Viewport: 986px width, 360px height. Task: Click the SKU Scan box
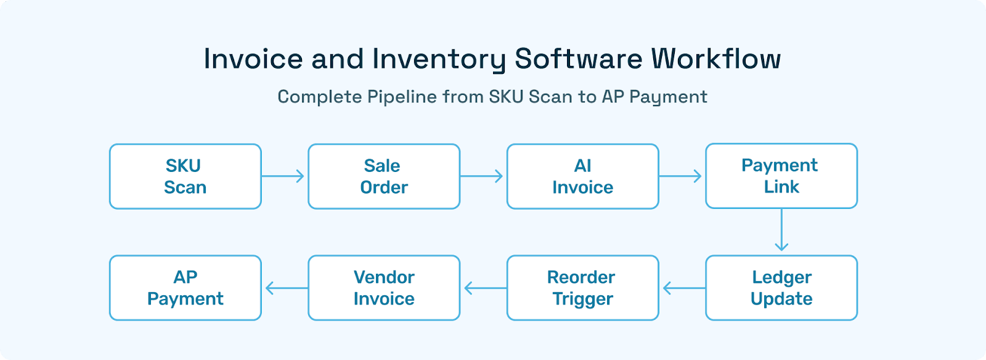tap(185, 176)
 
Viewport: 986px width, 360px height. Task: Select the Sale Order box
tap(383, 176)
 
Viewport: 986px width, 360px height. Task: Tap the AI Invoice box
tap(582, 176)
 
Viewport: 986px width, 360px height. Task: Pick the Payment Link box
tap(781, 176)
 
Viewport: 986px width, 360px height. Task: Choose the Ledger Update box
tap(781, 288)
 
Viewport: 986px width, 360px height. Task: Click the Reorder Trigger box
tap(582, 288)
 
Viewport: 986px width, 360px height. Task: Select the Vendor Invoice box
tap(383, 288)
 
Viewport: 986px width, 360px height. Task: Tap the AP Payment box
tap(185, 288)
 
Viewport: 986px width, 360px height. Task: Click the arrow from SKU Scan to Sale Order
tap(283, 176)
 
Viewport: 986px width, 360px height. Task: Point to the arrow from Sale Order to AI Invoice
tap(482, 176)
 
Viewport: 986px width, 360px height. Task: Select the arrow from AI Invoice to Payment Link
tap(681, 176)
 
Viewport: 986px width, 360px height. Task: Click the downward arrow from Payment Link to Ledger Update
tap(781, 231)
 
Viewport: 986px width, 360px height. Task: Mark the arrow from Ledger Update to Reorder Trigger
tap(683, 288)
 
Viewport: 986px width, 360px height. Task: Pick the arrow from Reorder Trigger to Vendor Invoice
tap(484, 288)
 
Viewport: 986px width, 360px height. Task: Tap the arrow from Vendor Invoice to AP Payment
tap(286, 288)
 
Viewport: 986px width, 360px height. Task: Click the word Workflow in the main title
tap(716, 59)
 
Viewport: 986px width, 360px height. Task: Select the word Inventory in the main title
tap(439, 59)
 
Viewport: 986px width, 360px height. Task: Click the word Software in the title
tap(579, 59)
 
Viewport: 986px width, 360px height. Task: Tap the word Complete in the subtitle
tap(319, 97)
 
